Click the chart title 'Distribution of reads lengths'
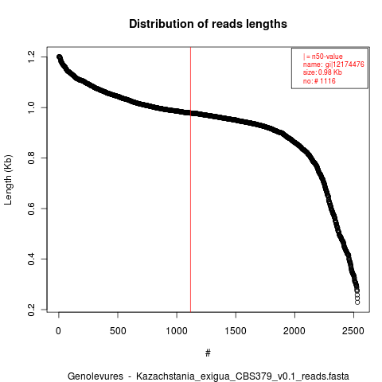click(x=208, y=24)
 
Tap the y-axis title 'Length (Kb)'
click(x=8, y=180)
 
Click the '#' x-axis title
click(x=208, y=353)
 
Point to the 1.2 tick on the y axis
click(x=31, y=57)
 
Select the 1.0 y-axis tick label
click(x=31, y=107)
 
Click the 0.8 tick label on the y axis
click(x=31, y=158)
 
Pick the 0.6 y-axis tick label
click(x=31, y=209)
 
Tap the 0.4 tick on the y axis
click(x=31, y=259)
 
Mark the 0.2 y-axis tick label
click(x=31, y=310)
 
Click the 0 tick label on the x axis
click(x=58, y=331)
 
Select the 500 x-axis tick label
click(x=118, y=331)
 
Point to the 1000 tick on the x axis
click(x=177, y=331)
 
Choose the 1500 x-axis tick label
click(x=236, y=331)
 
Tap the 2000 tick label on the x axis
click(x=294, y=331)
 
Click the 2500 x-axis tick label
click(x=353, y=331)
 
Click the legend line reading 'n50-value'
click(x=323, y=57)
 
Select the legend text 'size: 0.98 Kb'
click(x=322, y=72)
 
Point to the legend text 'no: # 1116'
click(x=319, y=81)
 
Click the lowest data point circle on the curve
click(x=357, y=302)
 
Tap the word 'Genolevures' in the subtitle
click(x=95, y=376)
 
